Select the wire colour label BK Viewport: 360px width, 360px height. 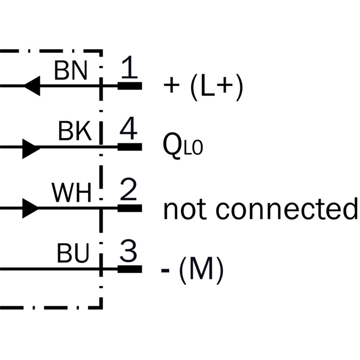[x=75, y=132]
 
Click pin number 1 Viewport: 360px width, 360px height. [x=130, y=69]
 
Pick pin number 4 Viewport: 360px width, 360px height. [x=129, y=130]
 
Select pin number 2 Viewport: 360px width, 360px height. [x=129, y=192]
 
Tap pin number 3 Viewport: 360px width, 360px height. [x=129, y=253]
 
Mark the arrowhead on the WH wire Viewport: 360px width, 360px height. [x=31, y=208]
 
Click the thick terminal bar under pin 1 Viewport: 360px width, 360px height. [x=130, y=85]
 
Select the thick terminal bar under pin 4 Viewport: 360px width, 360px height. [x=130, y=147]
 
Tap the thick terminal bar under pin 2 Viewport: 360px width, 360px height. [x=130, y=208]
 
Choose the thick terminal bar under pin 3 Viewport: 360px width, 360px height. [x=130, y=270]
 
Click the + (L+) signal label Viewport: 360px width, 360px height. [x=204, y=87]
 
